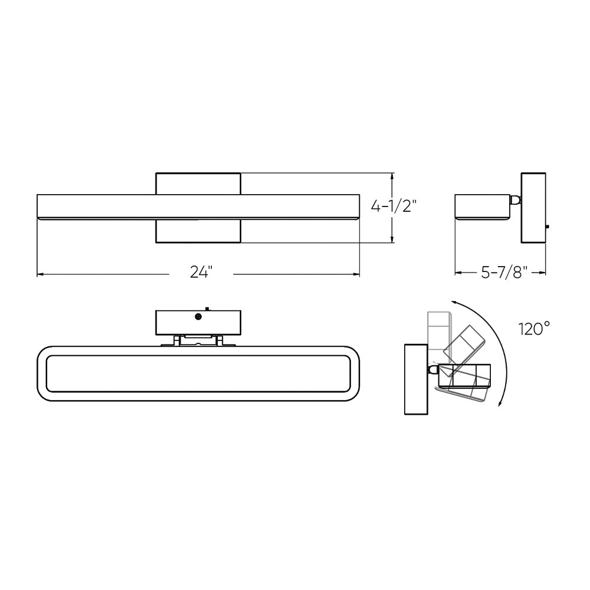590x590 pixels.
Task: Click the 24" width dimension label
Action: (201, 272)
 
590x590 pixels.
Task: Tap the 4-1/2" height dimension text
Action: (394, 206)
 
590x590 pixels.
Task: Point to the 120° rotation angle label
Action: (534, 328)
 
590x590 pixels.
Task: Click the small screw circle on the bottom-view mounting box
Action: (198, 317)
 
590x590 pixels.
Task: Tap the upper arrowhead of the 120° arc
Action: (455, 301)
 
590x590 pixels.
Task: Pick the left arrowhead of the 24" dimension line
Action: (40, 274)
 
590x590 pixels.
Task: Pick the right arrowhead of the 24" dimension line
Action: (356, 274)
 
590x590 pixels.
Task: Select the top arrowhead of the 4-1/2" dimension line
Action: (392, 176)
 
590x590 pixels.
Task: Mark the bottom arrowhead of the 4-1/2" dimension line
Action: (392, 239)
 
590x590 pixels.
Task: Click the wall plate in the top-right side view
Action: (533, 208)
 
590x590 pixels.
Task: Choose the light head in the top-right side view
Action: (483, 206)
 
